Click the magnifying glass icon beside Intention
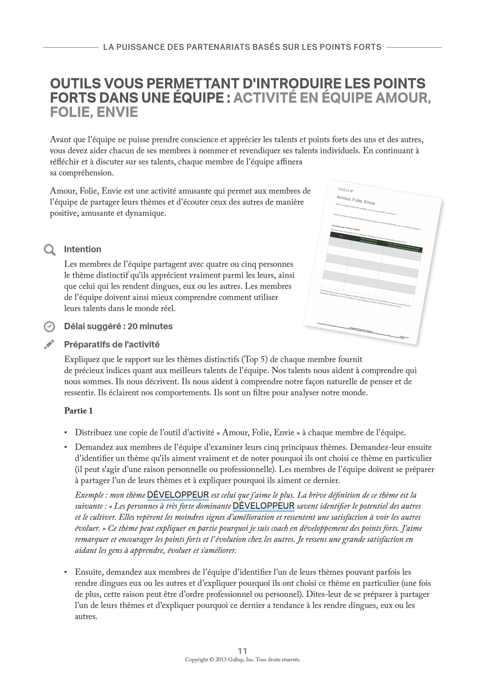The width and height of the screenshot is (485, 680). point(49,250)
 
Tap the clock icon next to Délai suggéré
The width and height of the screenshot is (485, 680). point(49,327)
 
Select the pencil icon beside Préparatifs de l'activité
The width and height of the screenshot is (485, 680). point(49,345)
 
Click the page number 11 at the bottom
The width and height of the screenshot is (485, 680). point(242,651)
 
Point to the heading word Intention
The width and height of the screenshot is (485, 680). point(83,249)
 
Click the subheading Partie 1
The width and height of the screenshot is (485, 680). point(78,411)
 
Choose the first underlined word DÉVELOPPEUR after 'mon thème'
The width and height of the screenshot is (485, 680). point(178,495)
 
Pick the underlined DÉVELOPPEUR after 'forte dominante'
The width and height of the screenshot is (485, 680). point(263,506)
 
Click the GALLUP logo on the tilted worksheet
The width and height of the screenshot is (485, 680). point(346,190)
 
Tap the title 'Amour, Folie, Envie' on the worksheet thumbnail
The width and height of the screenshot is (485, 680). point(356,200)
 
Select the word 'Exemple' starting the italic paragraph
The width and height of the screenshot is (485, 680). point(89,495)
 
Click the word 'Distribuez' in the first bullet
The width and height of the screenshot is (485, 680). point(94,432)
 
